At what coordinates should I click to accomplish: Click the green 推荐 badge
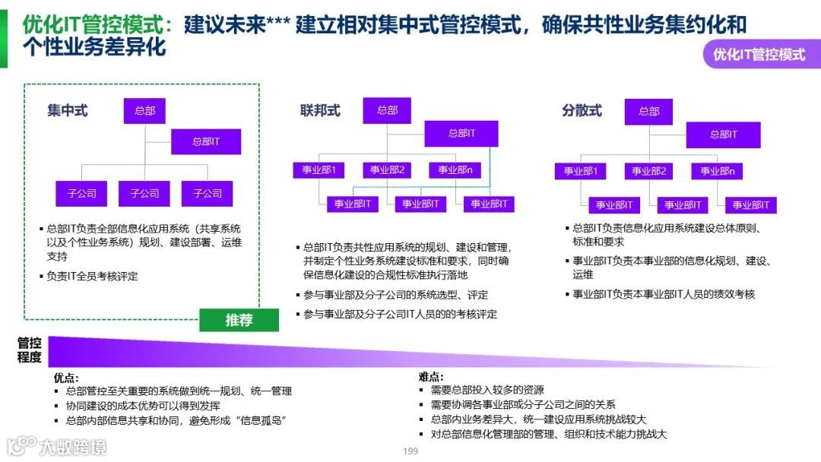point(239,320)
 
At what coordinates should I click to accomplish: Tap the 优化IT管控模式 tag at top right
point(759,55)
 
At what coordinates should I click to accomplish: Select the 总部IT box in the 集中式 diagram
point(205,141)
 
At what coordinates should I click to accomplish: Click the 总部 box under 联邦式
point(387,110)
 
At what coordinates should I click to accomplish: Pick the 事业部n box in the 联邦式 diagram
point(455,170)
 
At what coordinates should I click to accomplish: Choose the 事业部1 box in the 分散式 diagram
point(580,172)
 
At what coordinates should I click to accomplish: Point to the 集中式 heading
point(67,111)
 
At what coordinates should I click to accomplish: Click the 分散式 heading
point(582,111)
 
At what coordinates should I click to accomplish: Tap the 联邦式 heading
point(320,111)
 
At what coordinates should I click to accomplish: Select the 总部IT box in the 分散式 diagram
point(723,134)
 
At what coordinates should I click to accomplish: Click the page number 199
point(410,451)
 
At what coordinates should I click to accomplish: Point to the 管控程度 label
point(30,350)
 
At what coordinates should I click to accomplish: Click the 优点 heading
point(66,378)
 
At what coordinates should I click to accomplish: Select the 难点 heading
point(431,378)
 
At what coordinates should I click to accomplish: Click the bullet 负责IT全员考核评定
point(92,277)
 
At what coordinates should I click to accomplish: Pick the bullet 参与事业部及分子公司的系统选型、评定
point(395,295)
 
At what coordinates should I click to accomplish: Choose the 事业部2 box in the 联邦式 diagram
point(388,170)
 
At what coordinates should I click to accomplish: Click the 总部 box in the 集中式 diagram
point(144,111)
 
